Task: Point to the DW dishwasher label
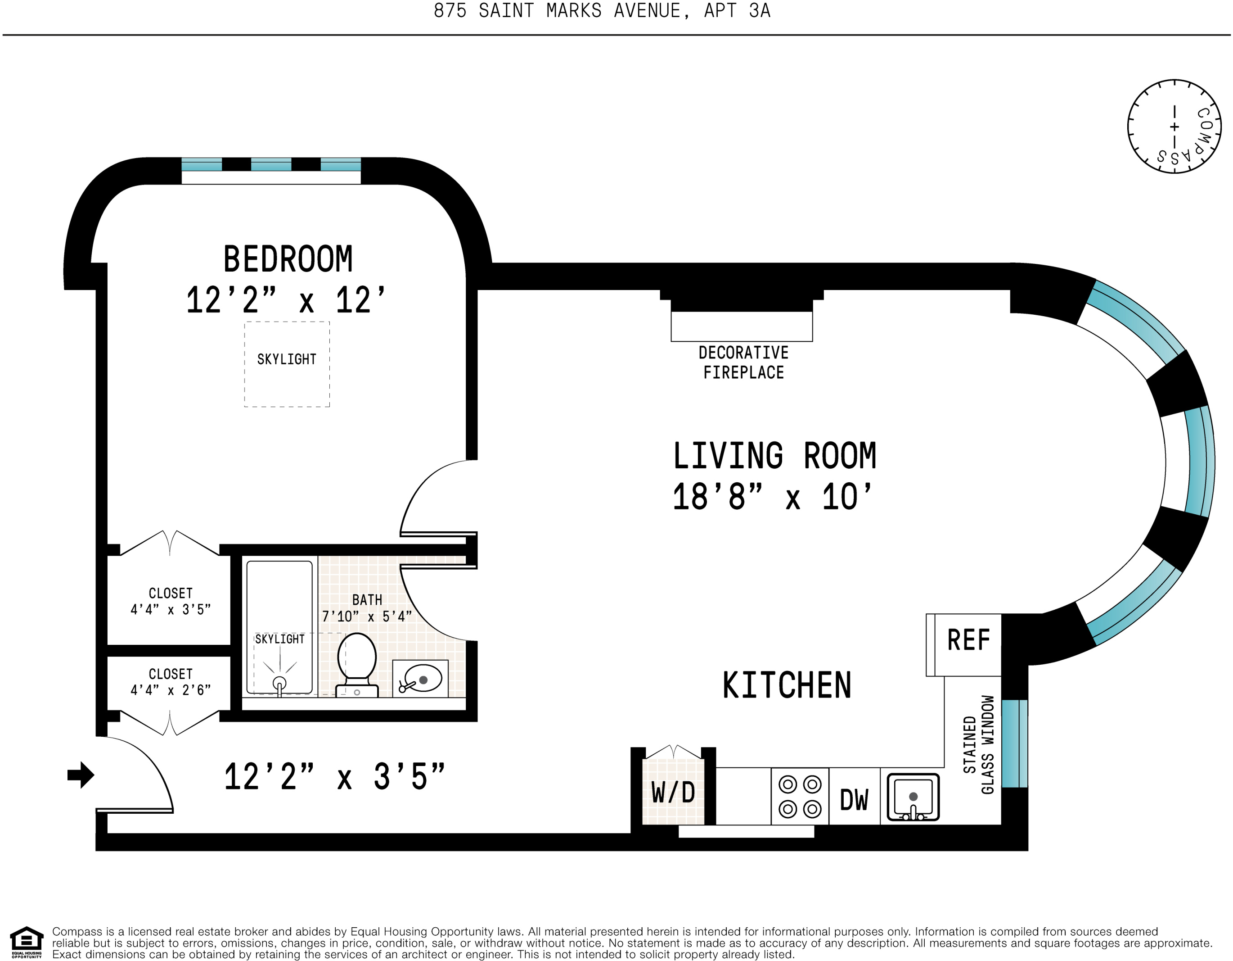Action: point(854,800)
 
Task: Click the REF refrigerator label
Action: point(968,640)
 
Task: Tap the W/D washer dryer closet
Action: point(673,791)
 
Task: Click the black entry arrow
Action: point(81,775)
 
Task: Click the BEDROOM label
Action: point(288,259)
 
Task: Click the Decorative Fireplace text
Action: point(743,363)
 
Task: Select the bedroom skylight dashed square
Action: point(287,364)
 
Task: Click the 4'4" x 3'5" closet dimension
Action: point(171,610)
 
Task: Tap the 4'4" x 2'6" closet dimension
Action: point(171,690)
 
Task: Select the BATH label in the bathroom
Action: point(367,599)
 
